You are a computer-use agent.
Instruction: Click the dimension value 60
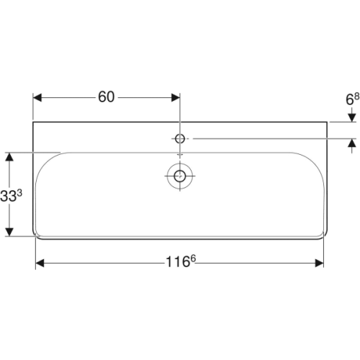click(x=107, y=96)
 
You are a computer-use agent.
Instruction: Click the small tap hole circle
click(x=179, y=137)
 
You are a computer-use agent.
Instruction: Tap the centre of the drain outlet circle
click(x=179, y=174)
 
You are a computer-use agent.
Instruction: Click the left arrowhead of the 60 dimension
click(x=39, y=96)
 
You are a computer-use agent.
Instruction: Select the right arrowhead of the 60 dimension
click(x=175, y=96)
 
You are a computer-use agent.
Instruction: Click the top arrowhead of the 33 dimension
click(x=9, y=156)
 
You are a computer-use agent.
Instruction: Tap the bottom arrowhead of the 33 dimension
click(x=9, y=231)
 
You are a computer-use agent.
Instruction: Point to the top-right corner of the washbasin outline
click(x=328, y=122)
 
